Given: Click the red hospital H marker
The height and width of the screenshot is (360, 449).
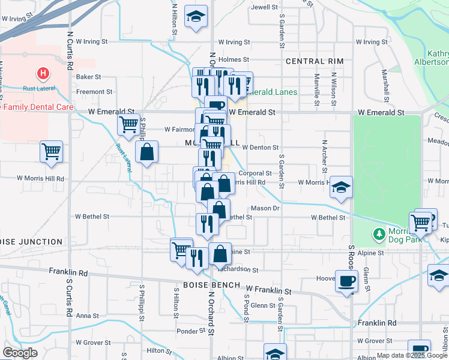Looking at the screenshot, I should (x=43, y=74).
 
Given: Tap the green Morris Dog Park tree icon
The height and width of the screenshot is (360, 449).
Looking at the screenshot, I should (x=379, y=233).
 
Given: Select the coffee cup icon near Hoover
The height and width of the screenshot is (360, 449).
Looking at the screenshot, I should (x=346, y=281).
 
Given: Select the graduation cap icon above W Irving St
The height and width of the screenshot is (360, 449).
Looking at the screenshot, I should (x=196, y=17).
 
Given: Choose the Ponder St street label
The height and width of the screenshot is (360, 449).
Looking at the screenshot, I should (x=191, y=331).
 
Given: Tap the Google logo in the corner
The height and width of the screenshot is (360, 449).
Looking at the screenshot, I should (x=20, y=353).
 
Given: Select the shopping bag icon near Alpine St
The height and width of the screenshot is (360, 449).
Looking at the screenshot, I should (x=220, y=254).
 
